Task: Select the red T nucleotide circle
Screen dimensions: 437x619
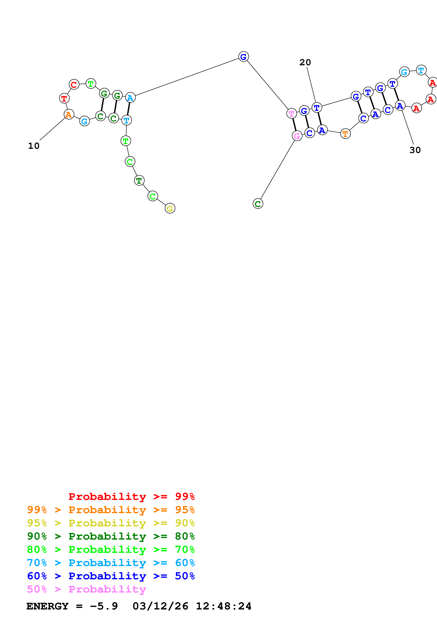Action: (64, 98)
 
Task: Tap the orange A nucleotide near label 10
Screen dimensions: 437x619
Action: (69, 114)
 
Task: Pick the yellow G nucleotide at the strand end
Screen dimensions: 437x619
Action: (170, 208)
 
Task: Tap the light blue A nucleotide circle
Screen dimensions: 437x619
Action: (130, 98)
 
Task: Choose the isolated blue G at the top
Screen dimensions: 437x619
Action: (243, 57)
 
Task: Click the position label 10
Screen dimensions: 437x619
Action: (34, 146)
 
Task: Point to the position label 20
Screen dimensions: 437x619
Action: (305, 62)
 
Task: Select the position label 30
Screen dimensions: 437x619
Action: (415, 150)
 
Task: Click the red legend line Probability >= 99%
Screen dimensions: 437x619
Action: (131, 497)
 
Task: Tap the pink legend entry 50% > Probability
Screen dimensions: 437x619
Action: (86, 589)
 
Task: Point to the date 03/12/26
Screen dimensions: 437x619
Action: (160, 606)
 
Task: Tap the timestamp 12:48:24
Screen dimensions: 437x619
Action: (224, 606)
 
